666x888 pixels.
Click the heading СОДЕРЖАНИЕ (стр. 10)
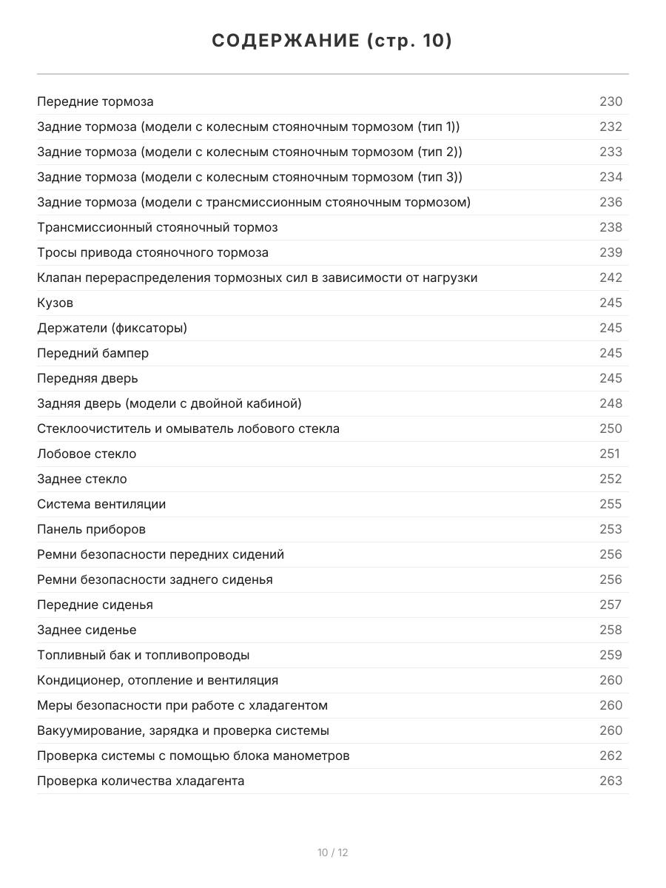point(332,41)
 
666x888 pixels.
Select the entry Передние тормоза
point(95,101)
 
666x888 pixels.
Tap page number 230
point(610,101)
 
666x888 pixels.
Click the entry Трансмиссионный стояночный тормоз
point(158,227)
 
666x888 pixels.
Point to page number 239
point(610,252)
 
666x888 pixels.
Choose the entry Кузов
point(55,303)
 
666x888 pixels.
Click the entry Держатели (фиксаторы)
point(112,328)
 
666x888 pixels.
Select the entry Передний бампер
point(93,353)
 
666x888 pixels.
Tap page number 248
point(610,403)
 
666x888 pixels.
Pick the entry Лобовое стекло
point(87,454)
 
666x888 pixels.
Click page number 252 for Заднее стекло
point(610,479)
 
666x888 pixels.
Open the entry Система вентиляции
point(101,504)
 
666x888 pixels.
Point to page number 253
point(610,529)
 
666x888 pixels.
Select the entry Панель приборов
point(92,529)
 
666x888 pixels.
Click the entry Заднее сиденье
point(87,630)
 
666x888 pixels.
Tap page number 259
point(610,655)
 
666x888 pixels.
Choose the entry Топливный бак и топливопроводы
point(144,655)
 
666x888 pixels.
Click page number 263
point(610,781)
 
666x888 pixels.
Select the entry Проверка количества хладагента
point(141,781)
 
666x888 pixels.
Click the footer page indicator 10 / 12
point(333,852)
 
